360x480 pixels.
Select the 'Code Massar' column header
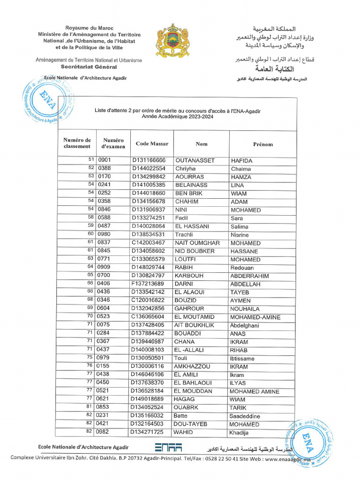click(152, 143)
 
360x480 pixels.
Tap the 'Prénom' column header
click(262, 144)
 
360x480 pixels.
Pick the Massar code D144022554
click(149, 169)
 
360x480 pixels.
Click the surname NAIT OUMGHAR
click(197, 243)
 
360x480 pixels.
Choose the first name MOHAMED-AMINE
click(255, 317)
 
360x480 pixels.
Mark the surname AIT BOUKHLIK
click(194, 325)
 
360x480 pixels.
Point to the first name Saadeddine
click(245, 416)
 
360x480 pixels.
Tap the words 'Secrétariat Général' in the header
click(89, 67)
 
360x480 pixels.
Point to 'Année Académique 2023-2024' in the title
click(178, 117)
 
